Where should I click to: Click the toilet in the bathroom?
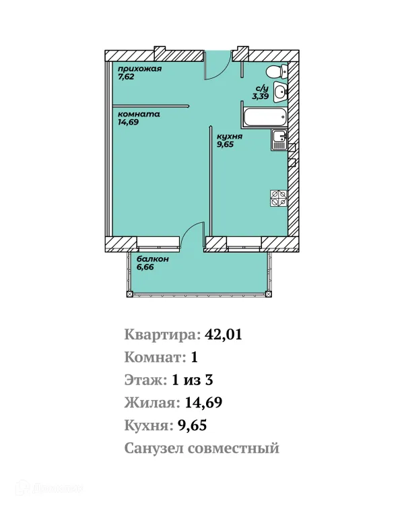[275, 72]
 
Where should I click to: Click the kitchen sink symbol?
[279, 140]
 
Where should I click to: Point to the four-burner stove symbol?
[279, 197]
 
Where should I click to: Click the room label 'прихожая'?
[140, 69]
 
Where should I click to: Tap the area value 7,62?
[127, 77]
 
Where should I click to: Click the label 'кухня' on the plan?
[230, 135]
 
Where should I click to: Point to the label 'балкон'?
[152, 259]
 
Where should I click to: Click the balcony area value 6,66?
[147, 267]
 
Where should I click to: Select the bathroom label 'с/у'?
[262, 88]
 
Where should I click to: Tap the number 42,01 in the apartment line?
[223, 335]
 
